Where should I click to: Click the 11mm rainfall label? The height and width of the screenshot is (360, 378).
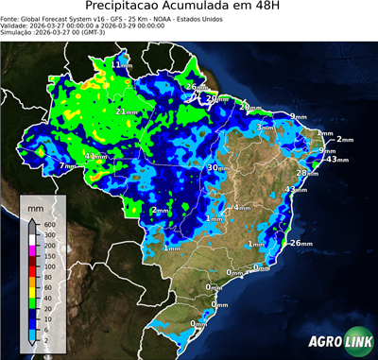coord(123,64)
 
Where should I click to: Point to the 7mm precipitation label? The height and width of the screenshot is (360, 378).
coord(67,166)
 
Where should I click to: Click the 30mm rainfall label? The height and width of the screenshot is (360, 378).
coord(216,167)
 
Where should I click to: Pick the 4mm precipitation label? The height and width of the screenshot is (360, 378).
coord(242,206)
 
